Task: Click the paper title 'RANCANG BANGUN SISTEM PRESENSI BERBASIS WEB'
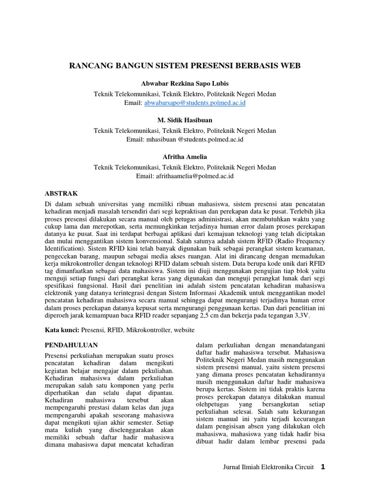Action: tap(185, 65)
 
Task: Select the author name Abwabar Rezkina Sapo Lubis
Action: tap(185, 84)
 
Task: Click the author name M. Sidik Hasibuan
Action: tap(185, 120)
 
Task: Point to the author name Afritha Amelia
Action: tap(185, 156)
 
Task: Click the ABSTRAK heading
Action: tap(61, 193)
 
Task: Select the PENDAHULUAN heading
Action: tap(71, 345)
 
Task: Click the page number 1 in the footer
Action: tap(323, 467)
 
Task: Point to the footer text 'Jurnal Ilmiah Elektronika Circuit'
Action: tap(268, 467)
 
